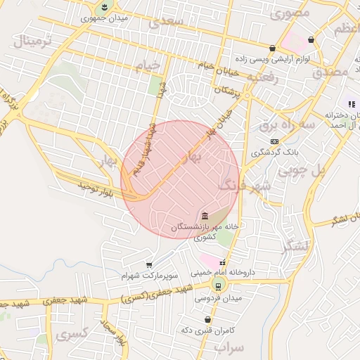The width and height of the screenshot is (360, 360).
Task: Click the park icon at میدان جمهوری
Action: [105, 8]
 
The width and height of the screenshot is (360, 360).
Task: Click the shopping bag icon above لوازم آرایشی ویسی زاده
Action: [272, 49]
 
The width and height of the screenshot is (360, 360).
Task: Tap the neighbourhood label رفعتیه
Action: [277, 79]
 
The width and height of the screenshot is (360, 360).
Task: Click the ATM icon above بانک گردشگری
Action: [274, 141]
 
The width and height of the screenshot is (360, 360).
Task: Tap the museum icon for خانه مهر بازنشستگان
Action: [205, 215]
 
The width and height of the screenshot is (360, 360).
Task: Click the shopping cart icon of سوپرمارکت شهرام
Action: [149, 264]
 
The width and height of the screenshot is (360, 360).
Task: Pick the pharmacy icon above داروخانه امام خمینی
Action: [223, 263]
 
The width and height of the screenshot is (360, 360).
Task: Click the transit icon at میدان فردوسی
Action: [219, 285]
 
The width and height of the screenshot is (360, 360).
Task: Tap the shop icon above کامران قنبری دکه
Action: [207, 320]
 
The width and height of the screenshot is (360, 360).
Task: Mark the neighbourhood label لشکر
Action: [295, 247]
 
